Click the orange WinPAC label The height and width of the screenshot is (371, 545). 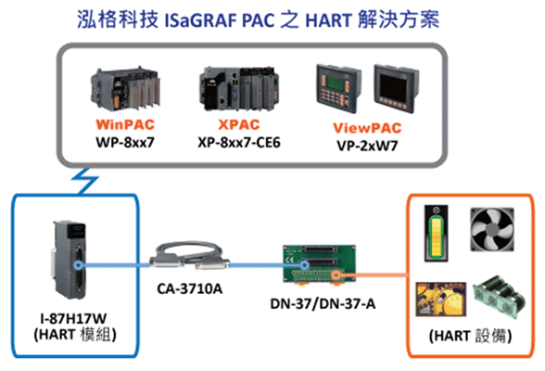125,124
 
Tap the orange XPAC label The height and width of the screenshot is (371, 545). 239,124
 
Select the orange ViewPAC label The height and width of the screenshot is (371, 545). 367,128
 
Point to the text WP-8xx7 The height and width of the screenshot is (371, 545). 125,143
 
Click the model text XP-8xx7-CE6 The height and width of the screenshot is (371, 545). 239,143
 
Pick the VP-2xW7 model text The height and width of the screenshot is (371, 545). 367,146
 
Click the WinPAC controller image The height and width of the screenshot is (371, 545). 125,90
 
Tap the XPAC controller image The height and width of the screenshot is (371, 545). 239,90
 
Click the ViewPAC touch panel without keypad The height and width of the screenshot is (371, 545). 397,88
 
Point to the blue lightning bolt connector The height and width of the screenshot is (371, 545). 85,181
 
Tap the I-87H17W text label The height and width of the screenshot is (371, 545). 74,318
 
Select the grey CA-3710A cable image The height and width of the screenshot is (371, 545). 190,257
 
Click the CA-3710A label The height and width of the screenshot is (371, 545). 190,288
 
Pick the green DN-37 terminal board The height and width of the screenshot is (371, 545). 319,265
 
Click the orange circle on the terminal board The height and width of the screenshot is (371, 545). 336,275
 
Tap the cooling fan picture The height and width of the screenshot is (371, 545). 492,229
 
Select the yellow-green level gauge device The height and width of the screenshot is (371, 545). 436,233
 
